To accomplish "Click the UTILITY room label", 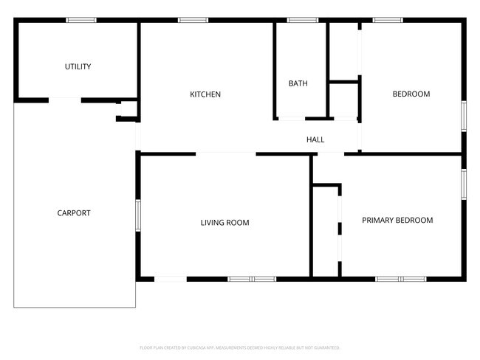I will tap(78, 67).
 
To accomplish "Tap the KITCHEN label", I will tap(205, 94).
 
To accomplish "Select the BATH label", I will tap(298, 83).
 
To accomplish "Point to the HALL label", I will tap(315, 139).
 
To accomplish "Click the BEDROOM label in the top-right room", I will tap(411, 94).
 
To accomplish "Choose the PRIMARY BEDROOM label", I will tap(397, 220).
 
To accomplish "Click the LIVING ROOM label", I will tap(224, 222).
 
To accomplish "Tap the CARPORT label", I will tap(74, 213).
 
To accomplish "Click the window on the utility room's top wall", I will tap(81, 20).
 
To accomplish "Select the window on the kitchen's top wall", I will tap(193, 20).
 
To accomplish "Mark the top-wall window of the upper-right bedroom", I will tap(387, 20).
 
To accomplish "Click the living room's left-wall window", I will tap(138, 215).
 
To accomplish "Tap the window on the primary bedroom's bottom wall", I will tap(400, 279).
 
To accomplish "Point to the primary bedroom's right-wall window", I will tap(464, 185).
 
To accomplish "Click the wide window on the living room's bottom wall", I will tap(251, 279).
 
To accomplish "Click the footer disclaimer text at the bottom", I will tap(239, 347).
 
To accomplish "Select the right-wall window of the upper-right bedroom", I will tap(464, 117).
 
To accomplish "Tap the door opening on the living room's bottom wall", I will tap(170, 279).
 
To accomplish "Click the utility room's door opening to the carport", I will tap(65, 100).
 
